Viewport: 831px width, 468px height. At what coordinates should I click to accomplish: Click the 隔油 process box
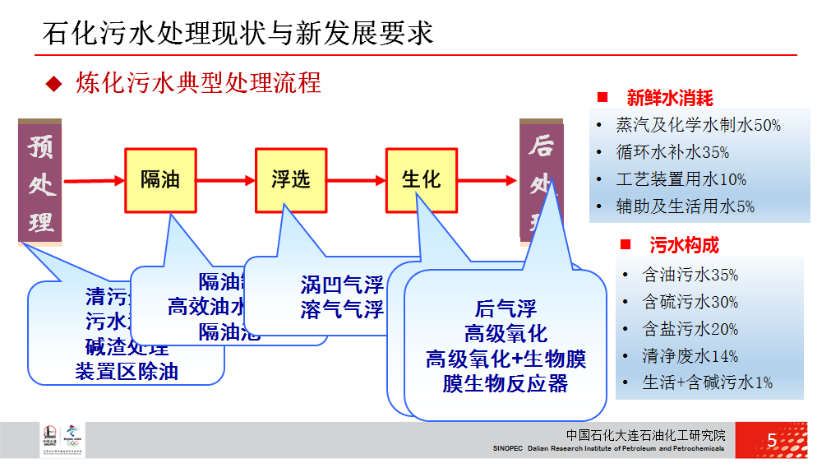[x=160, y=179]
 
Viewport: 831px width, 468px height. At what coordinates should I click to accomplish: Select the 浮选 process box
[x=291, y=179]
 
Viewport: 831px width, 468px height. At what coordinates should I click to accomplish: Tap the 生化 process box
[x=421, y=179]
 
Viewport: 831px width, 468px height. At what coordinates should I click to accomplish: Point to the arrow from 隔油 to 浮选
[x=225, y=180]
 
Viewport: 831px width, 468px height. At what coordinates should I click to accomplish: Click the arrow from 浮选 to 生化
[x=356, y=180]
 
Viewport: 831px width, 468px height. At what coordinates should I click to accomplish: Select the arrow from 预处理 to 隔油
[x=93, y=180]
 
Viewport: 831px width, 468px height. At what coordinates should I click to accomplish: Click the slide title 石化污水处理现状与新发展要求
[x=238, y=33]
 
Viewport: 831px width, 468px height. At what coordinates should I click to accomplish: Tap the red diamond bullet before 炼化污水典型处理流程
[x=53, y=83]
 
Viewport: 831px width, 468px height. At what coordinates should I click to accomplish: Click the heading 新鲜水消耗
[x=670, y=98]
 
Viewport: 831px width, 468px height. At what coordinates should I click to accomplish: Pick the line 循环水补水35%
[x=673, y=152]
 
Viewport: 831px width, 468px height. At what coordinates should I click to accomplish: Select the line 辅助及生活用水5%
[x=686, y=206]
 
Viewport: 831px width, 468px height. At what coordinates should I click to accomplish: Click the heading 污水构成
[x=684, y=245]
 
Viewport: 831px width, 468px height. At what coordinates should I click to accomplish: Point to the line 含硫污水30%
[x=690, y=302]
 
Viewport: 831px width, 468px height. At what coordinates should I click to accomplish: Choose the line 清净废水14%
[x=690, y=356]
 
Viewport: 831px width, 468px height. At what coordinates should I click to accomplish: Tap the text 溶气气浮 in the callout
[x=342, y=309]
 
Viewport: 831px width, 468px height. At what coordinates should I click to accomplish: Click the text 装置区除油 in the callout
[x=127, y=371]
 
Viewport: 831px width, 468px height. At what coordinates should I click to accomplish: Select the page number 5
[x=772, y=440]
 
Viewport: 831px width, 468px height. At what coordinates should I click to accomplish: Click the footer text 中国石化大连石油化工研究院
[x=646, y=435]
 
